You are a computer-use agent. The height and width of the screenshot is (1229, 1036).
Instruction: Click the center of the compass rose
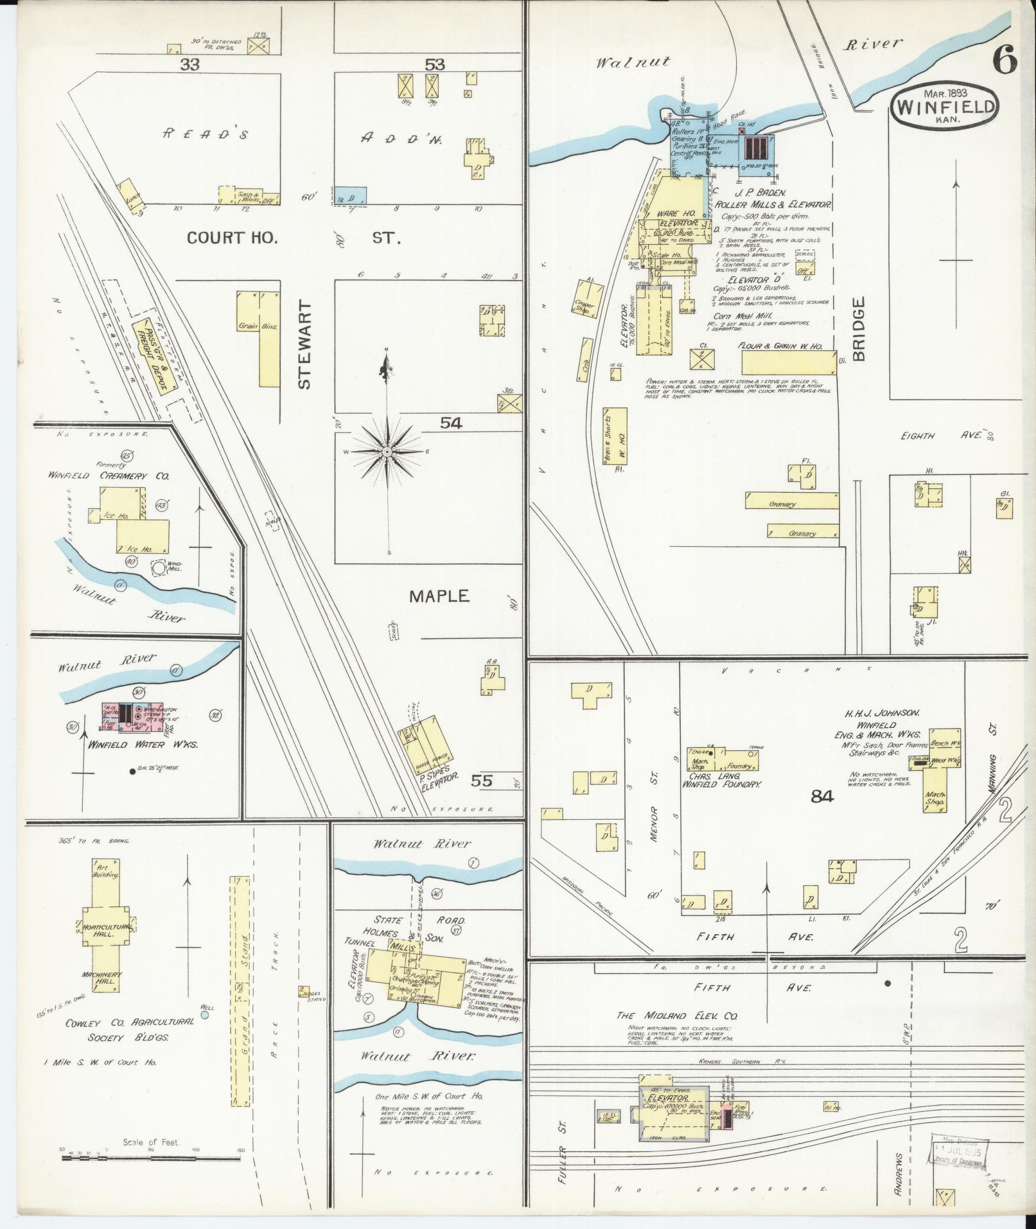tap(387, 452)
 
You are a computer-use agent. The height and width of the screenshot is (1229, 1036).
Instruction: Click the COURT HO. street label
tap(232, 238)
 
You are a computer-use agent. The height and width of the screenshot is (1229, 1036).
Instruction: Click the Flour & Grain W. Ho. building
tap(789, 362)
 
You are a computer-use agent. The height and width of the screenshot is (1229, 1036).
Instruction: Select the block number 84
tap(821, 797)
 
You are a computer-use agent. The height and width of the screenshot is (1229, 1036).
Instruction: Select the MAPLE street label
tap(440, 596)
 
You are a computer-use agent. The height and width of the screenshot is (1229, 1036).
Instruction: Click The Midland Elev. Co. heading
tap(677, 1034)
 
